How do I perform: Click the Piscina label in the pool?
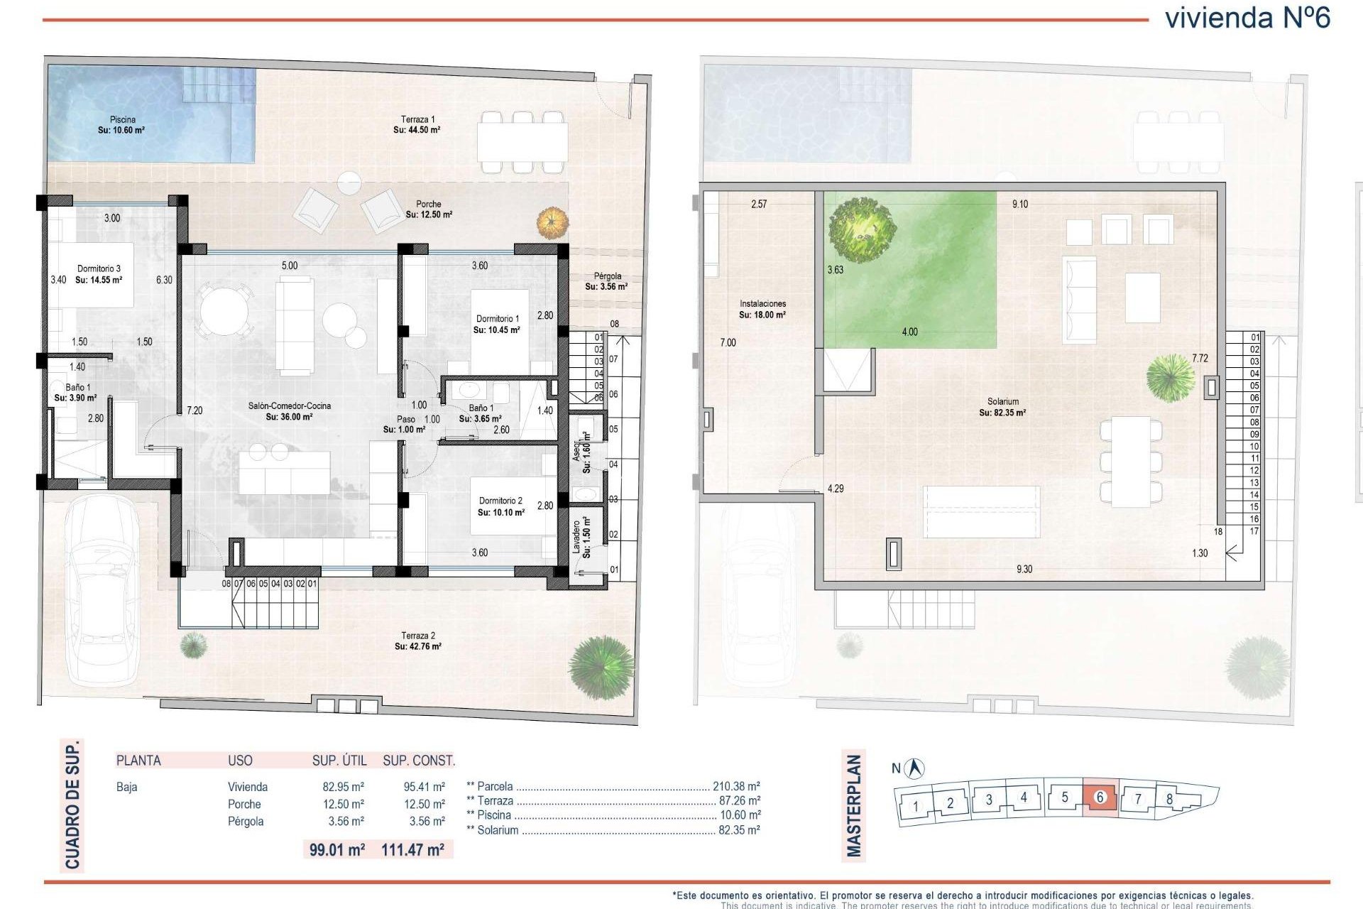click(122, 124)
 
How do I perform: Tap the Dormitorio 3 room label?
click(99, 274)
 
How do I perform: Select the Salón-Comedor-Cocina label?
click(289, 411)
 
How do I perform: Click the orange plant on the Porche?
click(552, 223)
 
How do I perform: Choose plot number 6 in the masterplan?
click(1100, 797)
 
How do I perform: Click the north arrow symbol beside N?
click(916, 768)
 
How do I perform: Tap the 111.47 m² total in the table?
click(412, 849)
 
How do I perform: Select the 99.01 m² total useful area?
click(337, 849)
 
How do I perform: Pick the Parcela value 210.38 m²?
click(735, 786)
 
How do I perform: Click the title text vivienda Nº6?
click(1247, 18)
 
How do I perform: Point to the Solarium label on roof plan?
click(1002, 407)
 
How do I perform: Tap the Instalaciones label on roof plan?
click(762, 309)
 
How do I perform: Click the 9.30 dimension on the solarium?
click(1024, 569)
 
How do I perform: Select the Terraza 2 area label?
click(418, 641)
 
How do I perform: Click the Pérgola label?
click(607, 281)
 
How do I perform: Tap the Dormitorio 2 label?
click(500, 506)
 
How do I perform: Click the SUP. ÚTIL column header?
click(339, 761)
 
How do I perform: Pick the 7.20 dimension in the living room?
click(195, 410)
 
